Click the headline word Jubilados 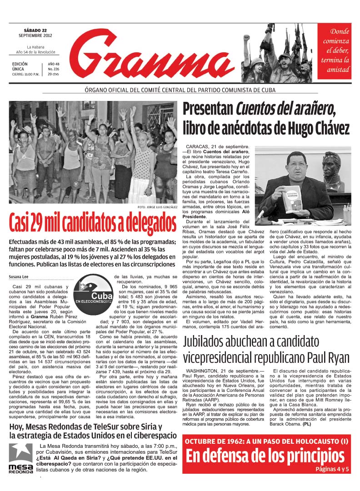click(x=207, y=342)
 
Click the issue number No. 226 click(x=54, y=69)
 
